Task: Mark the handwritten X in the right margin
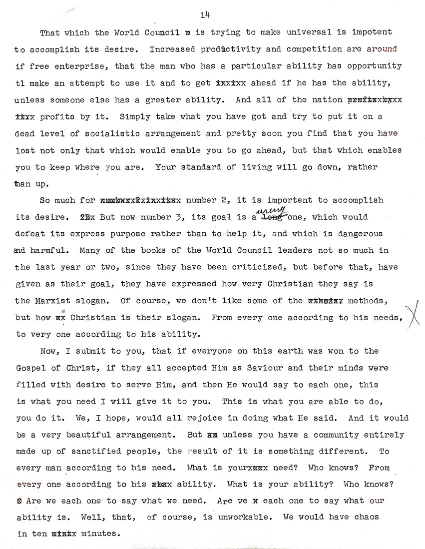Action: (413, 315)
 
